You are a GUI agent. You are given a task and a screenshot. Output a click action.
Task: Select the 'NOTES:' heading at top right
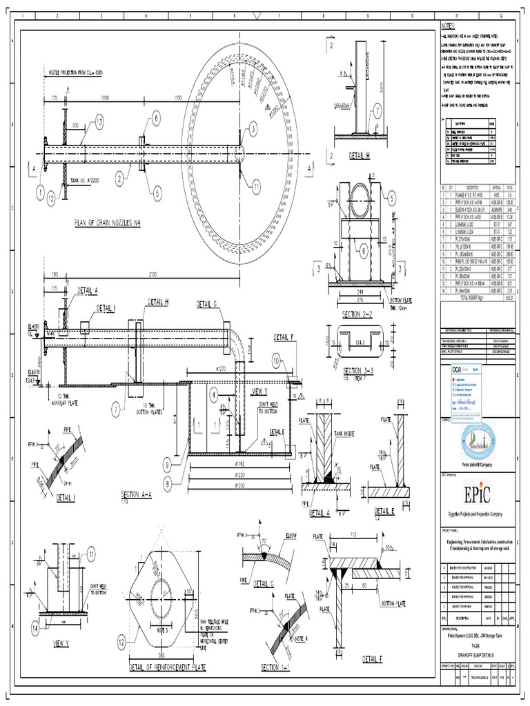448,26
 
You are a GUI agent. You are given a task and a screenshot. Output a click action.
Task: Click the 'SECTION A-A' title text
139,494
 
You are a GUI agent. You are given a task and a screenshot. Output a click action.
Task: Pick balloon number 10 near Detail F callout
277,359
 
